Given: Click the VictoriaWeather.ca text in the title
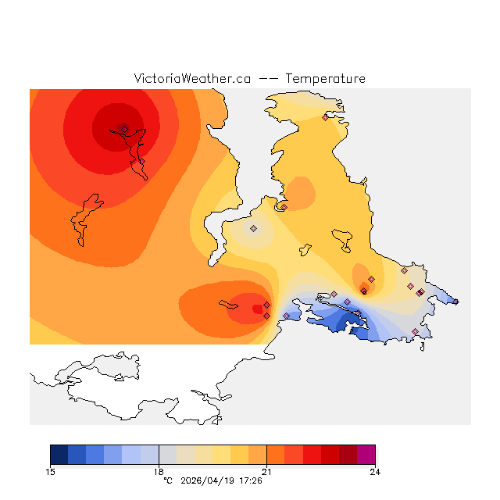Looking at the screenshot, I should tap(192, 79).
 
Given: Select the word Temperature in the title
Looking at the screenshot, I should tap(325, 79).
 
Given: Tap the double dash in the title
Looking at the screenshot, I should tap(268, 79).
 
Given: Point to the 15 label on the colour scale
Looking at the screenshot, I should tap(51, 471).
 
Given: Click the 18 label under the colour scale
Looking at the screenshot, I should tap(159, 471).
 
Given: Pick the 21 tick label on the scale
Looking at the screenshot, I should tap(266, 471).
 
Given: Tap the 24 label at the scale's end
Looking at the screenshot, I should tap(375, 471).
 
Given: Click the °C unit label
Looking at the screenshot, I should tap(167, 480).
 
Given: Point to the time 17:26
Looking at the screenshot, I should tap(250, 480).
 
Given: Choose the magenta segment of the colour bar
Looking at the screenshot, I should tap(366, 455).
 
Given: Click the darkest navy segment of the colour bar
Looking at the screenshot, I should tap(59, 455).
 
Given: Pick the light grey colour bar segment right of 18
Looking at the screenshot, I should tap(167, 455).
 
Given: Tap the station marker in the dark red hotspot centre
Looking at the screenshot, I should tap(124, 129).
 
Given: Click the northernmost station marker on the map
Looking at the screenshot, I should tap(325, 117).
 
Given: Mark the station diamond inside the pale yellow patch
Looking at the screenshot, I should tap(253, 228).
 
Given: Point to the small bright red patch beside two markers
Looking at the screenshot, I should tap(258, 309).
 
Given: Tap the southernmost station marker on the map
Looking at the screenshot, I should tap(415, 332).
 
